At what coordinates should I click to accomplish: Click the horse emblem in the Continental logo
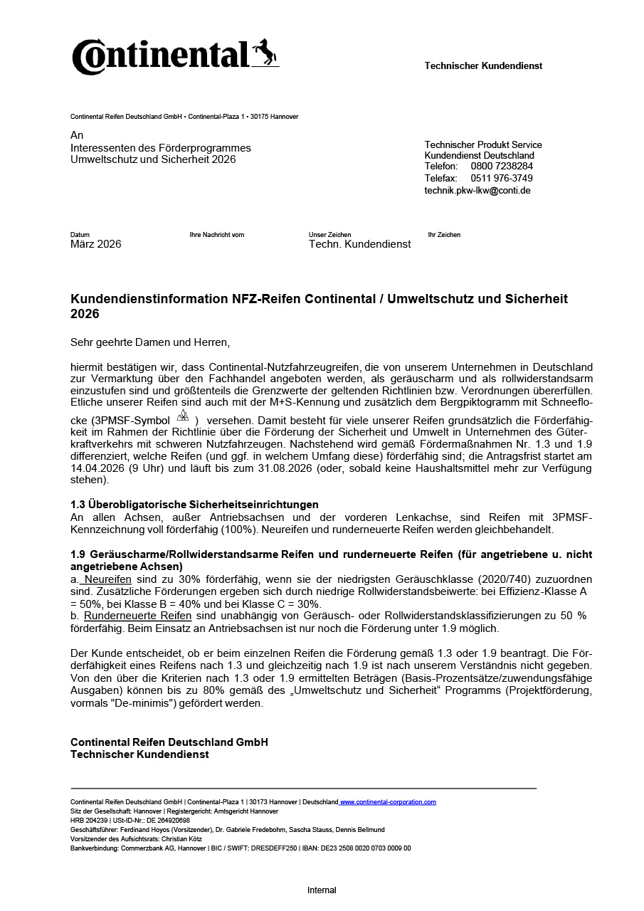tap(265, 53)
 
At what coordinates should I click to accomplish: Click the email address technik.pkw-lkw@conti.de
tap(477, 191)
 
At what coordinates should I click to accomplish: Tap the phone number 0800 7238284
tap(502, 167)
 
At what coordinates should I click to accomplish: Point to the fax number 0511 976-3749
tap(502, 179)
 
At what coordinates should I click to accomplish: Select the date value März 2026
tap(96, 244)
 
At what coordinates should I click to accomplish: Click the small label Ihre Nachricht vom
tap(217, 235)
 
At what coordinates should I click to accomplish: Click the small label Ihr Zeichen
tap(444, 235)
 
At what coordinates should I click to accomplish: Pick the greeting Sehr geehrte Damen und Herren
tap(150, 342)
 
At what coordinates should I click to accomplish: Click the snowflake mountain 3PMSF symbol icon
tap(183, 416)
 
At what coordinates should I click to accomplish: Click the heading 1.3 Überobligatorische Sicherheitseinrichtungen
tap(194, 505)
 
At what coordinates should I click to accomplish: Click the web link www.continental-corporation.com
tap(388, 802)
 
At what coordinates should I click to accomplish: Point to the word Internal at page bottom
tap(322, 890)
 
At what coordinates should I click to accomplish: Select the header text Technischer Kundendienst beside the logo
tap(483, 66)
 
